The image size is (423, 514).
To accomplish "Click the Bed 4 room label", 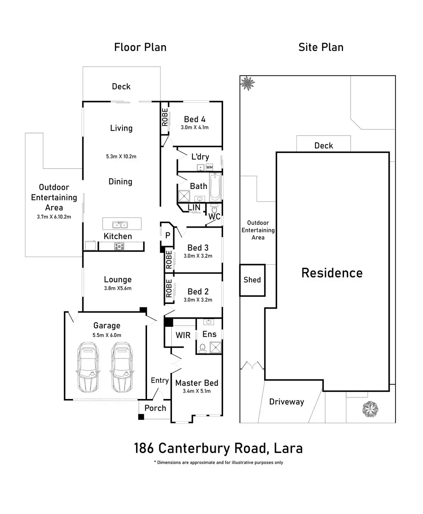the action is pyautogui.click(x=195, y=120).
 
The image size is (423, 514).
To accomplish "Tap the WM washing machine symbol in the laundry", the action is pyautogui.click(x=209, y=167).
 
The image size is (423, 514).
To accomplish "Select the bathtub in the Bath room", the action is pyautogui.click(x=215, y=187).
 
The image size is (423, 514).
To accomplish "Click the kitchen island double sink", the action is pyautogui.click(x=120, y=225).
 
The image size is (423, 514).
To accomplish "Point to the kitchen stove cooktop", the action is pyautogui.click(x=119, y=246).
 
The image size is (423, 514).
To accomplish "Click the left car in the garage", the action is pyautogui.click(x=88, y=368).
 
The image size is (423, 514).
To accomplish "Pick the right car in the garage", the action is pyautogui.click(x=122, y=368).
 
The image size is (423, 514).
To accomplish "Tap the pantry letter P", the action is pyautogui.click(x=168, y=235).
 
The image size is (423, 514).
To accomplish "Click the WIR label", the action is pyautogui.click(x=183, y=335).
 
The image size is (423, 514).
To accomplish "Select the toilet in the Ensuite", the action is pyautogui.click(x=202, y=348).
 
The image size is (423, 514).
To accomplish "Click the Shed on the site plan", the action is pyautogui.click(x=252, y=280).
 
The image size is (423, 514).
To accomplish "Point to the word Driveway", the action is pyautogui.click(x=287, y=402).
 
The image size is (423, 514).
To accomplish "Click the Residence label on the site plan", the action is pyautogui.click(x=332, y=273).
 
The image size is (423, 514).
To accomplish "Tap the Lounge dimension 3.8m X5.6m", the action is pyautogui.click(x=118, y=288).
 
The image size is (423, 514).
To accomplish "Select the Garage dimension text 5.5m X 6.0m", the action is pyautogui.click(x=107, y=335).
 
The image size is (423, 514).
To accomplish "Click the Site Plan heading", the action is pyautogui.click(x=321, y=47).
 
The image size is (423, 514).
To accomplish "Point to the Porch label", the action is pyautogui.click(x=155, y=408).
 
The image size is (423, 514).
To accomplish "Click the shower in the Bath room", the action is pyautogui.click(x=184, y=196).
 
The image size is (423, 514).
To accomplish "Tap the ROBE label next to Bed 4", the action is pyautogui.click(x=165, y=117).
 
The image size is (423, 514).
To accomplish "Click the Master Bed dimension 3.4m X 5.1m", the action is pyautogui.click(x=197, y=391).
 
